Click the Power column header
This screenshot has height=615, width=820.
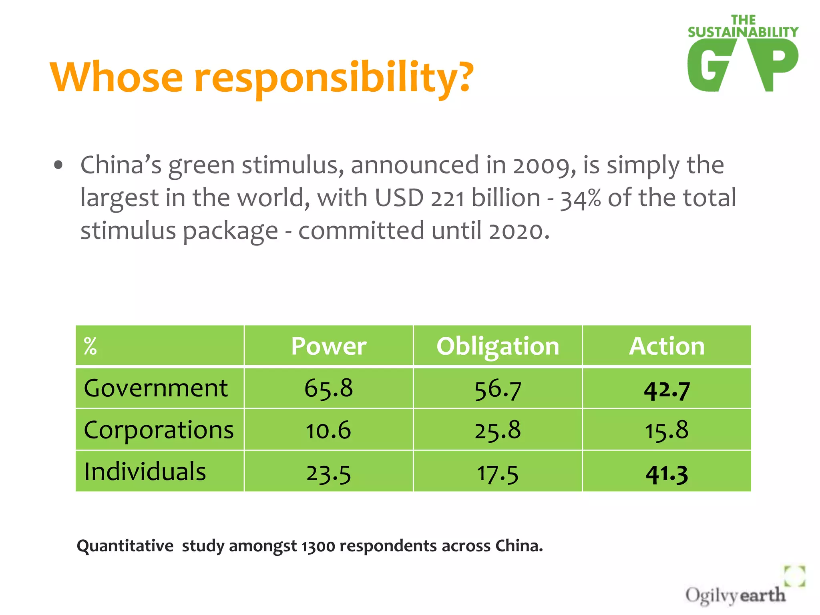(328, 346)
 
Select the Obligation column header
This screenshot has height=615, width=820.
(498, 346)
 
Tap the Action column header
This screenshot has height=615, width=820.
(667, 346)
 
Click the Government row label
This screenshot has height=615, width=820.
(156, 388)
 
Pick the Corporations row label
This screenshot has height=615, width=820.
(159, 430)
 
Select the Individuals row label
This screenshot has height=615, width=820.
(145, 471)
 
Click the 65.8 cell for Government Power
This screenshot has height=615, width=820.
(328, 388)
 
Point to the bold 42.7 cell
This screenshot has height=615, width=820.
(667, 390)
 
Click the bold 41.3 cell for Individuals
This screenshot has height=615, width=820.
(667, 474)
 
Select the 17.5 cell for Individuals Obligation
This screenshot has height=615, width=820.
(498, 474)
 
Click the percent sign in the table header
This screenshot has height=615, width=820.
(90, 346)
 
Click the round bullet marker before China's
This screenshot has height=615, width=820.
(58, 165)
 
